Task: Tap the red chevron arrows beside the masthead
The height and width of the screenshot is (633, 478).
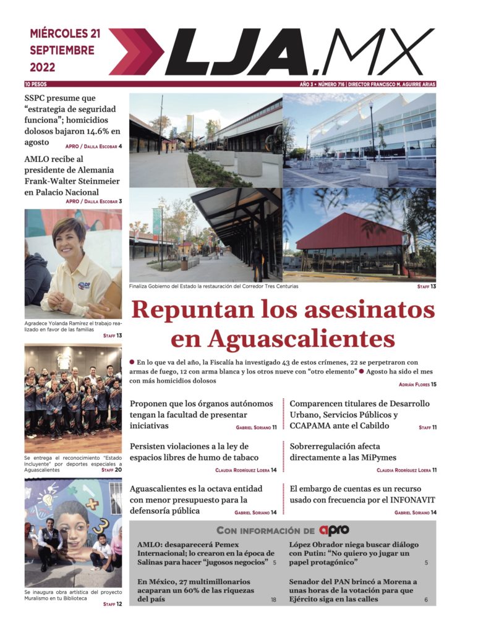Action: [135, 52]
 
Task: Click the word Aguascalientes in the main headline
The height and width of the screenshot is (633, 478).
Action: [302, 338]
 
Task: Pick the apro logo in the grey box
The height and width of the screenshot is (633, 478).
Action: [335, 530]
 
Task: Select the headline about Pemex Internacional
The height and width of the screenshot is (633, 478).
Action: [205, 553]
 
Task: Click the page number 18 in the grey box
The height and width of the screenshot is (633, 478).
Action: [273, 600]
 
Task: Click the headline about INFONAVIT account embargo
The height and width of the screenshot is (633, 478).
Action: [362, 494]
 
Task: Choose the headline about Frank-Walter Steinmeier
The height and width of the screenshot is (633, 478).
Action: [72, 176]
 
